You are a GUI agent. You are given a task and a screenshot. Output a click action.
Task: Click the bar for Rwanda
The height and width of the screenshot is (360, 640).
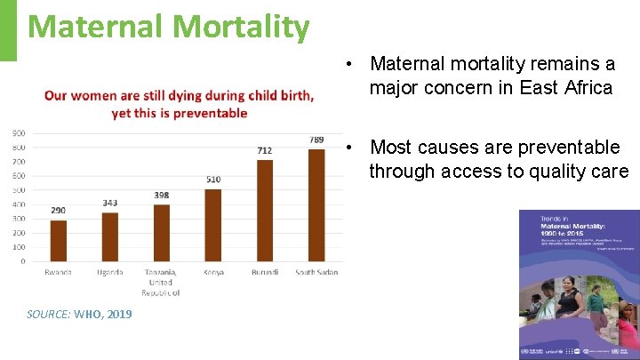(x=58, y=240)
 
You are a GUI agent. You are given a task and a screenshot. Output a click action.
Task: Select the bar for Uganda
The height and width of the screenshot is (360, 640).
(x=110, y=236)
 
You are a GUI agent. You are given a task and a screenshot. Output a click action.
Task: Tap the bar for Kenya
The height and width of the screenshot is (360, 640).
(x=213, y=225)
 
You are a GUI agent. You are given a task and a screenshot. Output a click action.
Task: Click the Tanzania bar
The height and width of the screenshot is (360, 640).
(x=162, y=233)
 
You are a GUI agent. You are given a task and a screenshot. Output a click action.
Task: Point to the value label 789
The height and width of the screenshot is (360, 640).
(x=316, y=140)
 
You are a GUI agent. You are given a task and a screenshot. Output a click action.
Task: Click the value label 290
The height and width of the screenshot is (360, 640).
(x=58, y=210)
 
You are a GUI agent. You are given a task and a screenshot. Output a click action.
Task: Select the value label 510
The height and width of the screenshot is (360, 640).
(x=213, y=180)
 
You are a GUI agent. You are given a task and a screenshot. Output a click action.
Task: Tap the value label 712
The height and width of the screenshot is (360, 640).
(x=265, y=150)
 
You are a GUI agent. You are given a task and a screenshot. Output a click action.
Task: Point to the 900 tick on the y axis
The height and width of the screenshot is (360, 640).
(x=19, y=133)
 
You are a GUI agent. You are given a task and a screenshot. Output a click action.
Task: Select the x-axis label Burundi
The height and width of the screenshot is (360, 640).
(x=265, y=272)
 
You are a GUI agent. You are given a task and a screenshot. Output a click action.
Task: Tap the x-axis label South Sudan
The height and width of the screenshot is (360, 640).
(x=316, y=272)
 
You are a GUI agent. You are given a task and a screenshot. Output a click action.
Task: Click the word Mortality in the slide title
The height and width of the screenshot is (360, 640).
(x=241, y=26)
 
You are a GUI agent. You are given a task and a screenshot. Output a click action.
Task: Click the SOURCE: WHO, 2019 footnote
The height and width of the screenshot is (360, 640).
(x=79, y=314)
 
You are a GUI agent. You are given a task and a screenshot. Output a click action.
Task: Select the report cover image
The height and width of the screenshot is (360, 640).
(x=579, y=284)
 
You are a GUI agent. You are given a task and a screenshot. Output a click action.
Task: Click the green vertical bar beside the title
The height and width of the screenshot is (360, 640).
(x=8, y=30)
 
